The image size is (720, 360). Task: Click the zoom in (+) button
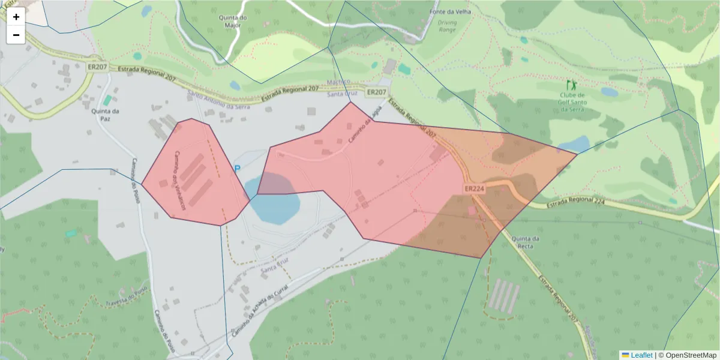pyautogui.click(x=16, y=17)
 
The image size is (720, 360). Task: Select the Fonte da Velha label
pyautogui.click(x=450, y=12)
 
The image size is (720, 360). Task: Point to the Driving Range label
pyautogui.click(x=447, y=26)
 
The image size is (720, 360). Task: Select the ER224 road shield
pyautogui.click(x=474, y=188)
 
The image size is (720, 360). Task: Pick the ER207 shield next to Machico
pyautogui.click(x=376, y=92)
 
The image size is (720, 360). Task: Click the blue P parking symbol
pyautogui.click(x=237, y=169)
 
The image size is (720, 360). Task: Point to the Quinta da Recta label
pyautogui.click(x=526, y=242)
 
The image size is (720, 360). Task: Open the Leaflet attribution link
pyautogui.click(x=641, y=355)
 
